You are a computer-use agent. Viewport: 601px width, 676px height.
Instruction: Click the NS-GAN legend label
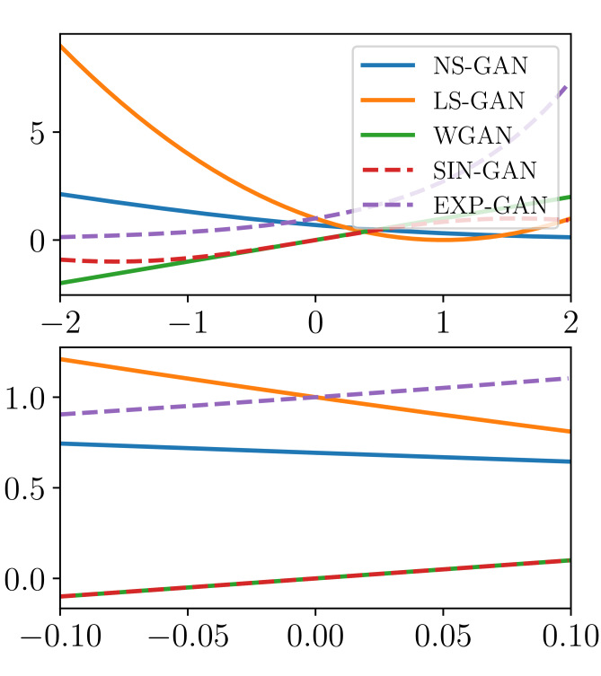tap(481, 66)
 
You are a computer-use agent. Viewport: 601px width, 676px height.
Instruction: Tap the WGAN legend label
tap(473, 136)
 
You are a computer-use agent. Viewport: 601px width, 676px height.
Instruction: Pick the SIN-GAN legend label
tap(485, 171)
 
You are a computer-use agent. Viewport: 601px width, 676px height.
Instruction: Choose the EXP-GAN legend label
tap(486, 206)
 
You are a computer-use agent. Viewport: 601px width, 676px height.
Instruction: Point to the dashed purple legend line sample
tap(388, 206)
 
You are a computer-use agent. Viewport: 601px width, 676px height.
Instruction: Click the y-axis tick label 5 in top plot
tap(37, 132)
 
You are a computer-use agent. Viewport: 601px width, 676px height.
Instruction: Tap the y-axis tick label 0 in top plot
tap(37, 241)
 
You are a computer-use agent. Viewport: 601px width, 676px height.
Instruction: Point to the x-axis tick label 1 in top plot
tap(443, 320)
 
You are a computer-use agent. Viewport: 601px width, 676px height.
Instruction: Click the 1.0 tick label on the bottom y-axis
tap(25, 398)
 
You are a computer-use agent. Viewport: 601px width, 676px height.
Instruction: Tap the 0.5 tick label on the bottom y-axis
tap(25, 488)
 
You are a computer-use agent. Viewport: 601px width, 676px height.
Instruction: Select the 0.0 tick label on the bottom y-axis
tap(25, 579)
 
